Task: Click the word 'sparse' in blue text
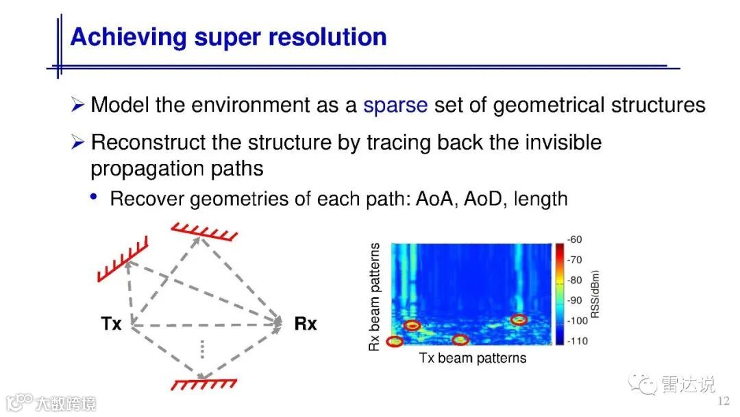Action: point(395,106)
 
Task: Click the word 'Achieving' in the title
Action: point(128,38)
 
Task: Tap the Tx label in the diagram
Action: point(112,324)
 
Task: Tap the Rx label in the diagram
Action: point(306,324)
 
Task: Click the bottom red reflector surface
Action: point(204,384)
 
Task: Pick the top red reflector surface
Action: point(204,231)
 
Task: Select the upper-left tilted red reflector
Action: point(123,259)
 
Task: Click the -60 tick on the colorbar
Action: point(574,239)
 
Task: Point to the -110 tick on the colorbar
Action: point(577,341)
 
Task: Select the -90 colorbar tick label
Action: point(574,300)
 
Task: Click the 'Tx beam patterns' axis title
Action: point(472,358)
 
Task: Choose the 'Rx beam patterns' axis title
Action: point(374,297)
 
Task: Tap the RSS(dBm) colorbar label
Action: point(595,294)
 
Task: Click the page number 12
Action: point(724,401)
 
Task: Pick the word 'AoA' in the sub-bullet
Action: point(436,199)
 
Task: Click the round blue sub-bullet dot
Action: point(93,196)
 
